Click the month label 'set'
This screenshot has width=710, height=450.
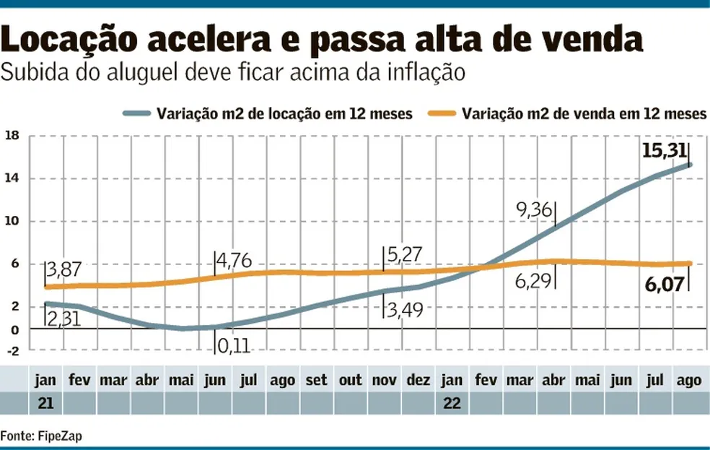316,381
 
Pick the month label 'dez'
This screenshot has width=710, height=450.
418,381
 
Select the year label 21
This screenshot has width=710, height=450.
45,403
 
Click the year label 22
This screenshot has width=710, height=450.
452,403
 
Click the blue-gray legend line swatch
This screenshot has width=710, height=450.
136,113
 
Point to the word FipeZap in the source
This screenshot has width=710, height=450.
51,436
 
